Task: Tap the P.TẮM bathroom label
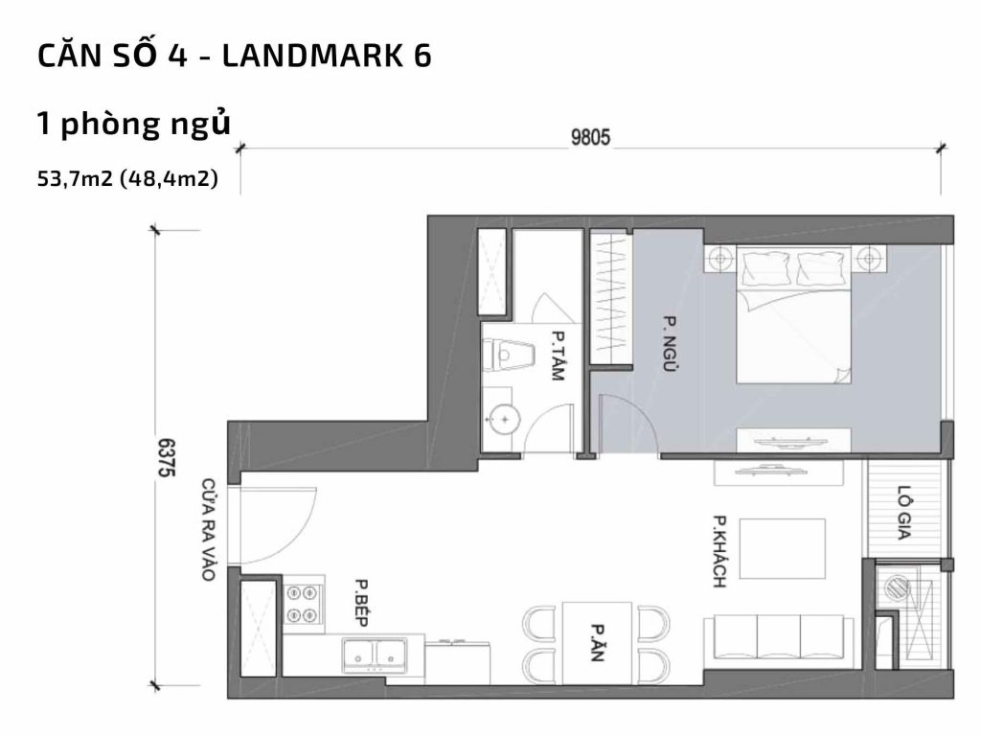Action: [557, 356]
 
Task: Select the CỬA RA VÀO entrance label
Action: [208, 529]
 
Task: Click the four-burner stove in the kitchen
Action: [304, 605]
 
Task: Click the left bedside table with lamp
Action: [719, 258]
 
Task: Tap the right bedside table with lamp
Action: [870, 258]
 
